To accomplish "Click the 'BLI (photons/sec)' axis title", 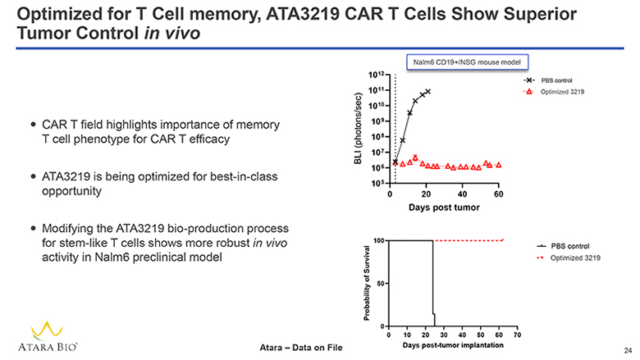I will click(x=359, y=130).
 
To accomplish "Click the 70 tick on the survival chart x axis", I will click(x=517, y=335).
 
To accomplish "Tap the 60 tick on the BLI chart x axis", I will click(x=498, y=194).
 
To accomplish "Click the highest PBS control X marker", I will click(x=427, y=91).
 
